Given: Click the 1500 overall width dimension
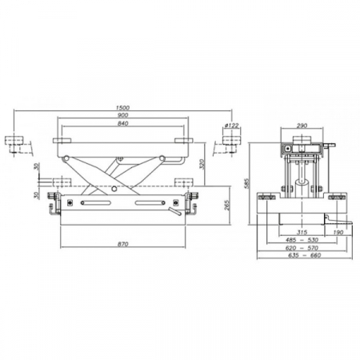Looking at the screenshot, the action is point(122,108).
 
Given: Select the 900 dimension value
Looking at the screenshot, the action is point(122,115).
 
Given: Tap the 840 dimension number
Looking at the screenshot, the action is point(122,123).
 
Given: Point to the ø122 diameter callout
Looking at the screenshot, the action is point(231,126).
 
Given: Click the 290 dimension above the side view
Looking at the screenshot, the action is point(302,126).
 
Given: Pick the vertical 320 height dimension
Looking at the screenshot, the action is point(202,164).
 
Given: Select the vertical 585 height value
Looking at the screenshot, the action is point(247,183).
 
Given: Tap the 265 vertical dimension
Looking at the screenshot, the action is point(227,205).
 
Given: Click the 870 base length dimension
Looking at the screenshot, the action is point(122,244).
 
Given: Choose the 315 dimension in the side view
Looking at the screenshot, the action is point(302,232).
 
